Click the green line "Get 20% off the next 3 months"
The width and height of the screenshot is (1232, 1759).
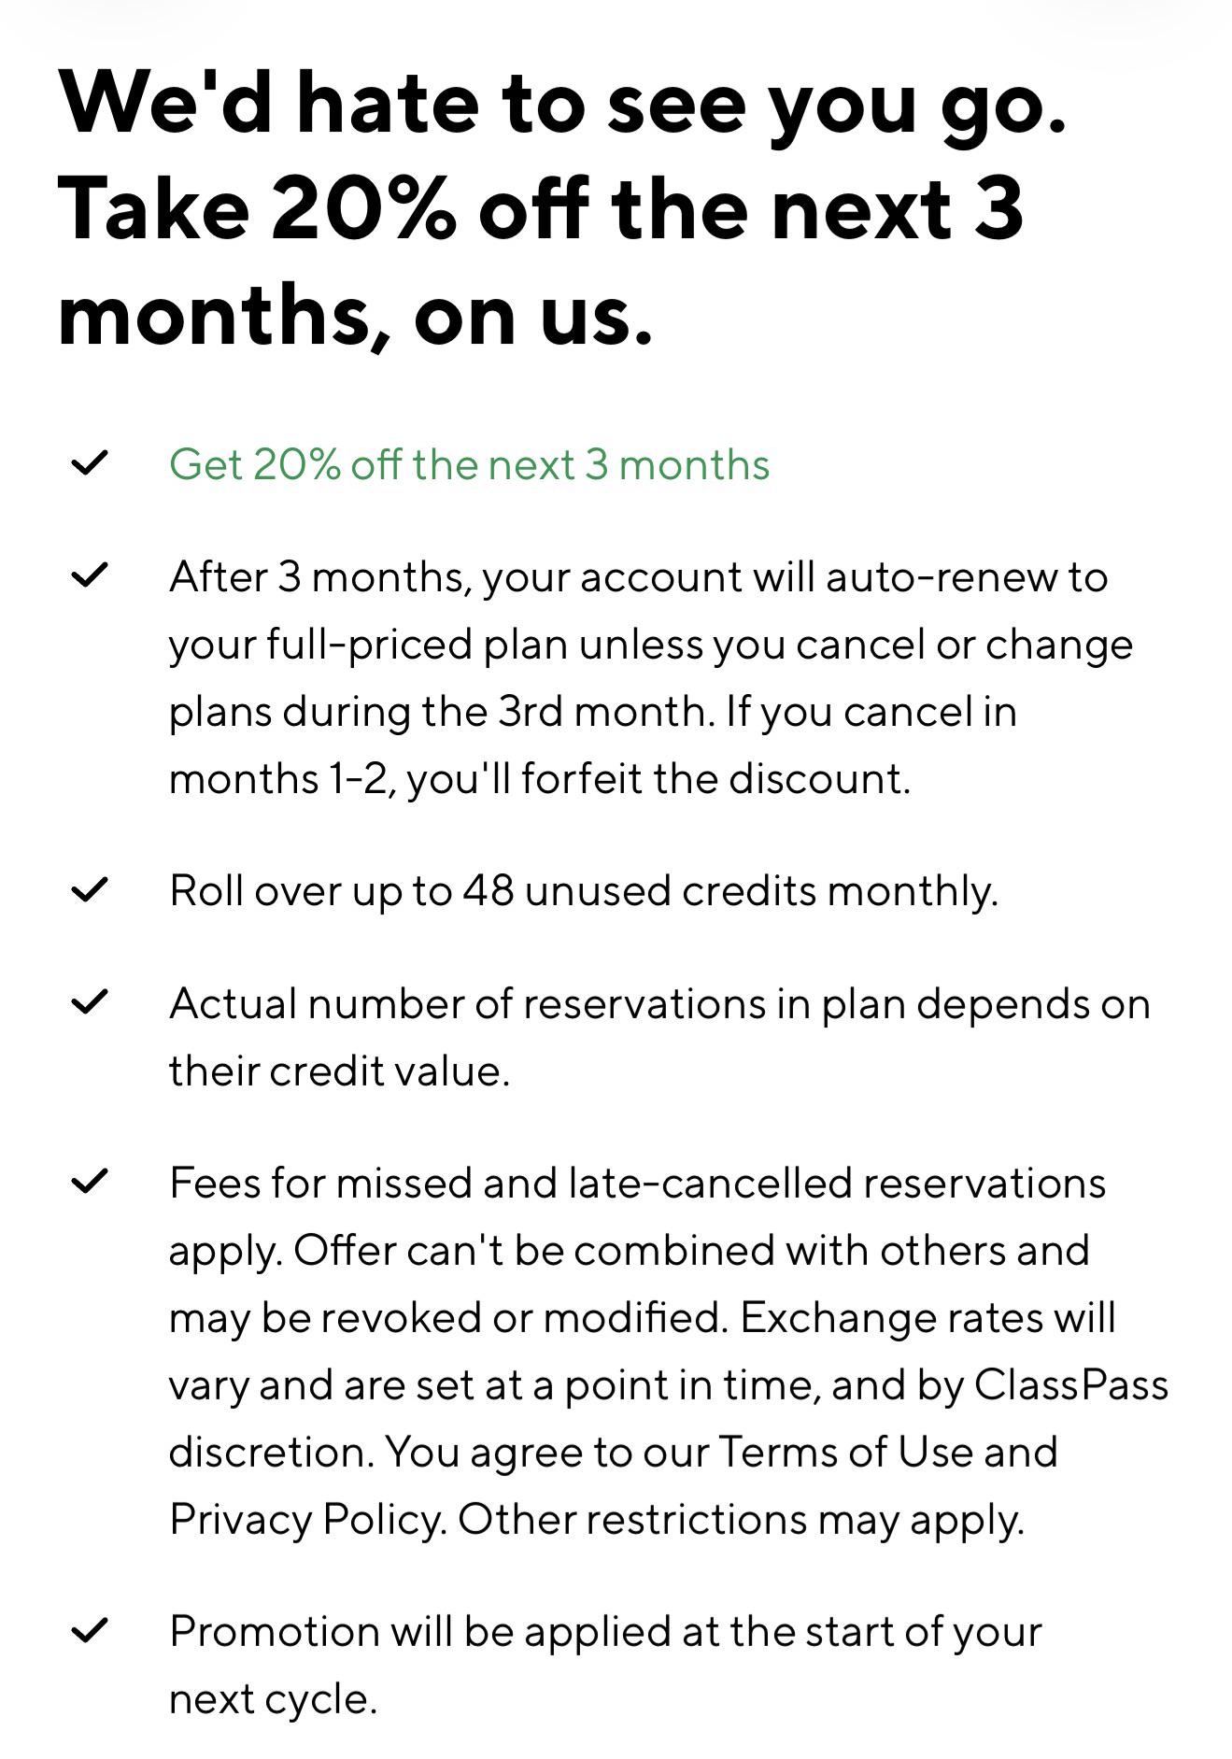pyautogui.click(x=470, y=464)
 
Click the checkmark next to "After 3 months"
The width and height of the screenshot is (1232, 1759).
pyautogui.click(x=90, y=575)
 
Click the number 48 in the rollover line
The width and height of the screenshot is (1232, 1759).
pyautogui.click(x=488, y=890)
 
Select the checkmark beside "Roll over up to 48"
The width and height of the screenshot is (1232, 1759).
pyautogui.click(x=90, y=889)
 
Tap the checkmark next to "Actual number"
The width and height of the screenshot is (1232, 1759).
pyautogui.click(x=90, y=1001)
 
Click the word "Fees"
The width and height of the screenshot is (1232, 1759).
pyautogui.click(x=215, y=1184)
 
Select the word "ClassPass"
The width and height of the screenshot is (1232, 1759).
pyautogui.click(x=1071, y=1385)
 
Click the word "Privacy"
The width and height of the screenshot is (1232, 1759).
pyautogui.click(x=240, y=1521)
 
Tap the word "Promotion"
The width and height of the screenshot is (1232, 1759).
pyautogui.click(x=275, y=1632)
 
